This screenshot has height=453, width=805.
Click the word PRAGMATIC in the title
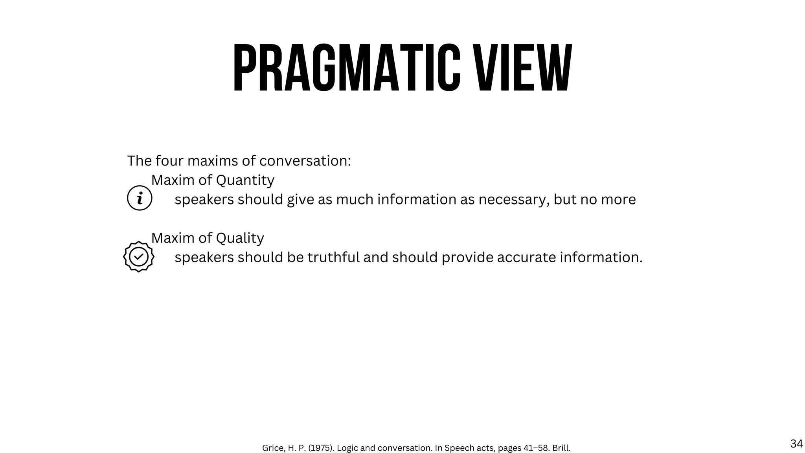[x=346, y=68]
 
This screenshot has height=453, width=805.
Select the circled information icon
[x=140, y=198]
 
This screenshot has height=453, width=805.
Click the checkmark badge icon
[x=139, y=257]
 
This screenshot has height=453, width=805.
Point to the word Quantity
[x=245, y=180]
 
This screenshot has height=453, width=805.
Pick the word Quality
[x=240, y=238]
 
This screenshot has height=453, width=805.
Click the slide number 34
[x=796, y=444]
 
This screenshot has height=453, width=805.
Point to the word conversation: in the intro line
[x=305, y=161]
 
